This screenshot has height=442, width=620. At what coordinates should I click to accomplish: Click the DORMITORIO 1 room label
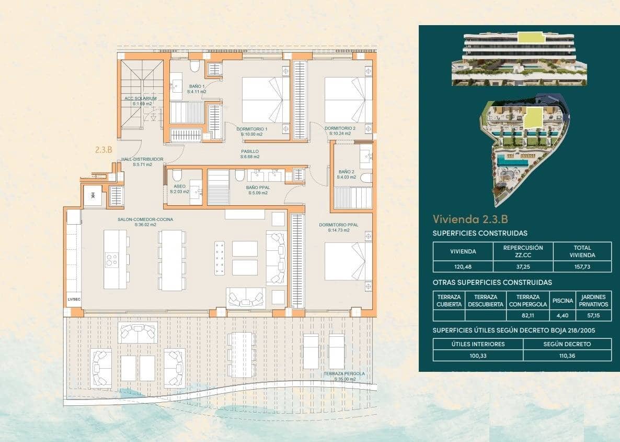252,129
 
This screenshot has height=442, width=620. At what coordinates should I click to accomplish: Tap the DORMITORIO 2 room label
340,129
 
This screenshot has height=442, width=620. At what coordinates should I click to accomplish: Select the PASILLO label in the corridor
249,151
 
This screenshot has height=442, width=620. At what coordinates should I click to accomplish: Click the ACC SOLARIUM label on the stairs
140,98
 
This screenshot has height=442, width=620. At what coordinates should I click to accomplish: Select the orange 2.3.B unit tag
104,149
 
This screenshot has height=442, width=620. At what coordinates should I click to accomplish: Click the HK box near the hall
93,195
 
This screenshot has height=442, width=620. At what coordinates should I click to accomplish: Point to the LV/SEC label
74,300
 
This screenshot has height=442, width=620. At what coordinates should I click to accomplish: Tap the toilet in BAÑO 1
195,67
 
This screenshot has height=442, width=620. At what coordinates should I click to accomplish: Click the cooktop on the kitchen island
112,260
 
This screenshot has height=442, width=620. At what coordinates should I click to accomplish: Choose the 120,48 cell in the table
463,266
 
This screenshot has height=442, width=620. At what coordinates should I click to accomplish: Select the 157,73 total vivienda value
582,266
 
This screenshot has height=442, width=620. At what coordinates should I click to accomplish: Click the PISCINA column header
562,301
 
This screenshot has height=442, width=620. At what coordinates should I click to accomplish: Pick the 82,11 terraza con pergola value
527,316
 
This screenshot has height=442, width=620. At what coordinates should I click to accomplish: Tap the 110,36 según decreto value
567,356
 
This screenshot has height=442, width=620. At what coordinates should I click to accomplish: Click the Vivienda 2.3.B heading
470,219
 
